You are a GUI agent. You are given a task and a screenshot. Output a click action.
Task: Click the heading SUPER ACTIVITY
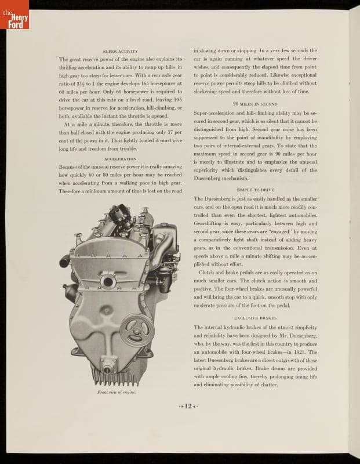121,52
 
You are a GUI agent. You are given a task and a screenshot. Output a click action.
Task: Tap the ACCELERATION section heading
121,158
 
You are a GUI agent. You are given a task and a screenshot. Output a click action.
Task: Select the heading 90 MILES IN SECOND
255,103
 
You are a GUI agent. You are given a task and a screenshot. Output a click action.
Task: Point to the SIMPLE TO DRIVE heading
255,190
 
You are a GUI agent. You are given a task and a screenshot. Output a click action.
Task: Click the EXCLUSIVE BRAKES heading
255,318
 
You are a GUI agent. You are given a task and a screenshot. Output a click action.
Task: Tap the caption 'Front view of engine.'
116,392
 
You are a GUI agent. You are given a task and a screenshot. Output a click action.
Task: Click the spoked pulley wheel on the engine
137,329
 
